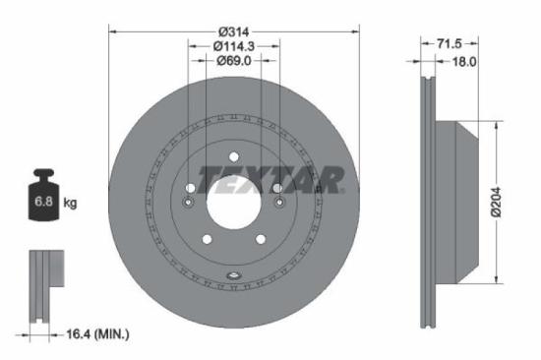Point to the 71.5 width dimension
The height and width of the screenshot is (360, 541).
pos(449,44)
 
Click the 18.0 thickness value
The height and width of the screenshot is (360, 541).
pos(463,61)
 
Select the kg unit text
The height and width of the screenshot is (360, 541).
pos(71,203)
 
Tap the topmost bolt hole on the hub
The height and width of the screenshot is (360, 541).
pos(234,156)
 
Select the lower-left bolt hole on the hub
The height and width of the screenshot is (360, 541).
pos(207,239)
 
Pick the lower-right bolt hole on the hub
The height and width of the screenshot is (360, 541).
pos(262,239)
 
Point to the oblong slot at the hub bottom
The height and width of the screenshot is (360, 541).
pos(234,274)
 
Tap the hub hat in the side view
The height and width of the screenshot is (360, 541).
pos(462,204)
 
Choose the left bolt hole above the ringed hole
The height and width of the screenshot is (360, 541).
pos(190,187)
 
